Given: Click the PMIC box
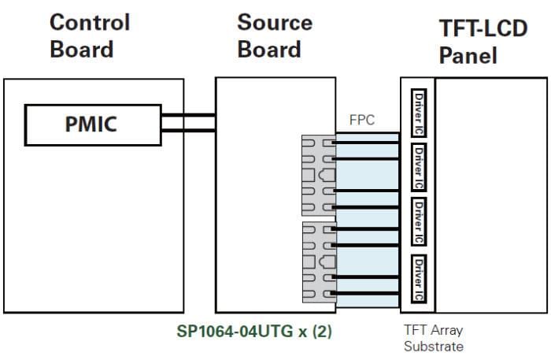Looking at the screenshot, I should click(x=92, y=125).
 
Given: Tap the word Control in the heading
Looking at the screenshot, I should click(x=89, y=21).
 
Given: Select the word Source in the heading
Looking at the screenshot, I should click(x=274, y=21).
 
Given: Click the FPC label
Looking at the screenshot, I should click(x=362, y=121).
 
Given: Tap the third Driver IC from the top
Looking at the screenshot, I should click(x=419, y=220).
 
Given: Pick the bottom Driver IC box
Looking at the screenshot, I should click(x=419, y=278).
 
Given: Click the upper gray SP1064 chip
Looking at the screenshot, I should click(x=318, y=175).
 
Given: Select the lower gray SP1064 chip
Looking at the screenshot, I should click(x=318, y=262).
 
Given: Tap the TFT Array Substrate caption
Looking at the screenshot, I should click(x=432, y=338).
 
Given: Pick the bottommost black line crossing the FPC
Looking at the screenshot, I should click(x=367, y=293).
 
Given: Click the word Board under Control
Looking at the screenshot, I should click(x=81, y=49).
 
